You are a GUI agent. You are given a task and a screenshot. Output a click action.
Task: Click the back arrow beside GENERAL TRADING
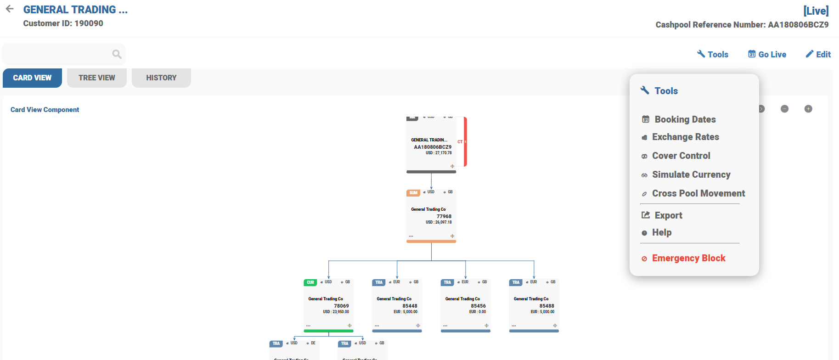(x=10, y=9)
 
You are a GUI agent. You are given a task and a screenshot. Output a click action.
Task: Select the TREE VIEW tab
(x=97, y=78)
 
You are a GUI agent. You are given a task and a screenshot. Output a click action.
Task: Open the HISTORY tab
(x=161, y=78)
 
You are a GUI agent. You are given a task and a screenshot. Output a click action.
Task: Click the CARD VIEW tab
(x=32, y=78)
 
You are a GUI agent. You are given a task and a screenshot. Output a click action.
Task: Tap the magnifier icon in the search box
(x=117, y=54)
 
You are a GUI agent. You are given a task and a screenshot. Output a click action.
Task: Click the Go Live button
(x=767, y=55)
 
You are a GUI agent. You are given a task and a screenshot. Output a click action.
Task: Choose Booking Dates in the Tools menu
(x=685, y=119)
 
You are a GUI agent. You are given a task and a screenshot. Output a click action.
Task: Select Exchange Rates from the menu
(x=685, y=137)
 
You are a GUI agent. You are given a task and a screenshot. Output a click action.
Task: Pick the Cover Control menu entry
(x=681, y=156)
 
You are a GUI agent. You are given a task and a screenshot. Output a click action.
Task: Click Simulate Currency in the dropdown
(x=691, y=175)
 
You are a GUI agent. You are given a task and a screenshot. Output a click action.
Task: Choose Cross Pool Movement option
(x=698, y=194)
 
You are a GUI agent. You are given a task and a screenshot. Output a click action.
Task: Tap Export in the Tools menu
(x=668, y=215)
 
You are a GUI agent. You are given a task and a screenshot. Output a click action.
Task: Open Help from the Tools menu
(x=661, y=233)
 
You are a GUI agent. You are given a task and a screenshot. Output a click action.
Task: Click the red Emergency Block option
(x=688, y=259)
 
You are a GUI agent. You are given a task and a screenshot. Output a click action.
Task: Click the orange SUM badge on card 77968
(x=413, y=193)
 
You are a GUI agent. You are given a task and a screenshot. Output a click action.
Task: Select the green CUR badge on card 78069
(x=310, y=282)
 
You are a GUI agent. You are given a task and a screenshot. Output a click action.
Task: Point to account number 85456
(x=478, y=306)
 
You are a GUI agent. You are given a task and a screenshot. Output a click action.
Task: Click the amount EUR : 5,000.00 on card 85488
(x=542, y=312)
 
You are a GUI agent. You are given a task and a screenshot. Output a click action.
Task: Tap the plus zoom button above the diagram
(x=808, y=109)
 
